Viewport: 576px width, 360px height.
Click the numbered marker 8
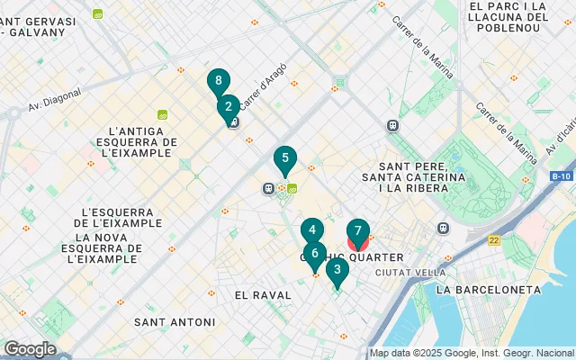click(218, 82)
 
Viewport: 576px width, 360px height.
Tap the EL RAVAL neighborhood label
click(263, 295)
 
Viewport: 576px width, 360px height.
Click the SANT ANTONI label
click(175, 322)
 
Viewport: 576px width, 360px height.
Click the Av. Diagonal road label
click(54, 98)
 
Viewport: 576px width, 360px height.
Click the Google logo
click(29, 349)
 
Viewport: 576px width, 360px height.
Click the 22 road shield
click(494, 240)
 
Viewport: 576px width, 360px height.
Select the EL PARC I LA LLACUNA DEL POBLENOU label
click(508, 17)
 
